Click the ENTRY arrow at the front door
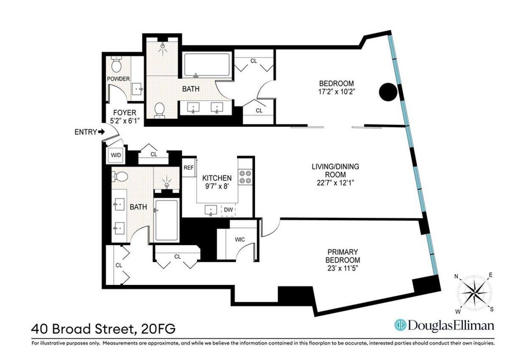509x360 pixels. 101,132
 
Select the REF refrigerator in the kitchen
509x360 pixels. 188,168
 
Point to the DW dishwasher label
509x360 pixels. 228,209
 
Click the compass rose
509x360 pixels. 475,292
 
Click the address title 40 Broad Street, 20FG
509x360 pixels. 103,328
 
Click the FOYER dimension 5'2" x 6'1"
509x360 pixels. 124,121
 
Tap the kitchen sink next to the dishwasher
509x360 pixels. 211,209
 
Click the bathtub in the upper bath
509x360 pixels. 207,66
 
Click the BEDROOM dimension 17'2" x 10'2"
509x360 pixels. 336,91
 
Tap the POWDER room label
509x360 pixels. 118,79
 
